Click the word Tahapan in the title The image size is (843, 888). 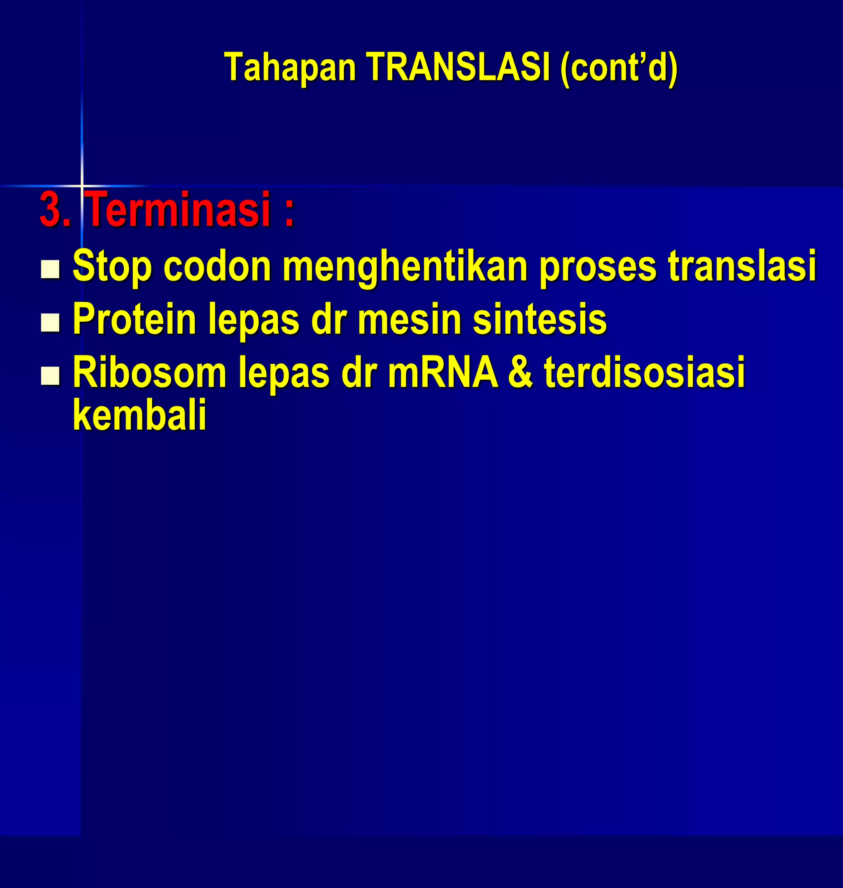click(x=290, y=67)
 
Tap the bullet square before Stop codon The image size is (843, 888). click(x=50, y=269)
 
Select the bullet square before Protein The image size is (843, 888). click(x=50, y=322)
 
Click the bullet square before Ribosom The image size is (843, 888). click(x=50, y=376)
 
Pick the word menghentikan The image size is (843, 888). click(x=405, y=266)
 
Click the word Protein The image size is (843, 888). click(x=134, y=319)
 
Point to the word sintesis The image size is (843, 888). click(x=540, y=319)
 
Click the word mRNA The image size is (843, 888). click(x=442, y=372)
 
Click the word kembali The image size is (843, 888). click(x=139, y=414)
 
